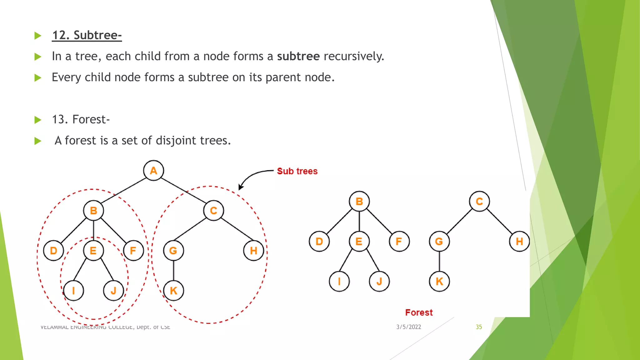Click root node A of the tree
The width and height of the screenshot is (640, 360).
pos(153,171)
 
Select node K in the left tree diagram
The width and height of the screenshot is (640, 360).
pos(173,291)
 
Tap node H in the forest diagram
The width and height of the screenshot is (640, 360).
pos(519,241)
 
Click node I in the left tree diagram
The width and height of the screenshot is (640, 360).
pos(73,291)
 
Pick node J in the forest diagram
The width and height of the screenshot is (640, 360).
pos(379,281)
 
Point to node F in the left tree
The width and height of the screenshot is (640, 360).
pos(133,251)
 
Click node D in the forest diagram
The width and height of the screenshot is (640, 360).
pos(319,241)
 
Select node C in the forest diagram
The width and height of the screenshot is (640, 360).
pos(479,201)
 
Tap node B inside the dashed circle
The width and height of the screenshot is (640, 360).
pos(93,211)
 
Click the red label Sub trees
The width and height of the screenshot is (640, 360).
pos(297,171)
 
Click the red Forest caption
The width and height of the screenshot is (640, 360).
pos(419,312)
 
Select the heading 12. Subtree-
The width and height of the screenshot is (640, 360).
pos(87,35)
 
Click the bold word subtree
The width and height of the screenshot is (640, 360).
pos(298,56)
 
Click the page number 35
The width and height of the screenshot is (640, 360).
pos(479,327)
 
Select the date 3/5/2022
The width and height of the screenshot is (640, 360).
pos(409,327)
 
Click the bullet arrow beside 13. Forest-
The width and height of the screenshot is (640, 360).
pos(38,120)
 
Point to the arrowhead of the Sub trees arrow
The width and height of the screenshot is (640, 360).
pos(240,187)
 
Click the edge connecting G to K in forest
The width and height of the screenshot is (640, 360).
pos(439,261)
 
